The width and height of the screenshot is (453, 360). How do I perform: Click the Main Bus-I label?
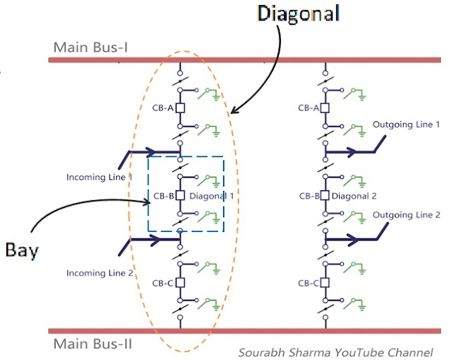pyautogui.click(x=91, y=47)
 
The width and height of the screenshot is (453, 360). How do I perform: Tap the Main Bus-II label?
pyautogui.click(x=93, y=344)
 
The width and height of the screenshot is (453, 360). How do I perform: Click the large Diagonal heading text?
pyautogui.click(x=298, y=14)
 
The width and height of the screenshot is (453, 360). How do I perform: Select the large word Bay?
pyautogui.click(x=22, y=250)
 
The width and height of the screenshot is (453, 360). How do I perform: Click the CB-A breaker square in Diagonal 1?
pyautogui.click(x=180, y=108)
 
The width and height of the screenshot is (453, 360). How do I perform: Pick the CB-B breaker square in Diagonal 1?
pyautogui.click(x=180, y=196)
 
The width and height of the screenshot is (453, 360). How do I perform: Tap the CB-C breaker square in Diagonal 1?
pyautogui.click(x=180, y=283)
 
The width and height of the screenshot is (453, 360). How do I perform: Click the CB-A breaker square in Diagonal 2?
pyautogui.click(x=325, y=108)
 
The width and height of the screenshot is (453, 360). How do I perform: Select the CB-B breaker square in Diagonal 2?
pyautogui.click(x=325, y=196)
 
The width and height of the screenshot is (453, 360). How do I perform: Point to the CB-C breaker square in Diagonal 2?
pyautogui.click(x=325, y=283)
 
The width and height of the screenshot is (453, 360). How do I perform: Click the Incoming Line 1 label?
pyautogui.click(x=99, y=177)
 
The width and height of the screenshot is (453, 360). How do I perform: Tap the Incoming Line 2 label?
pyautogui.click(x=100, y=273)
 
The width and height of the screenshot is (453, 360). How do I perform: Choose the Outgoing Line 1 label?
pyautogui.click(x=406, y=124)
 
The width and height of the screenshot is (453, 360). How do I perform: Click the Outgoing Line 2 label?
pyautogui.click(x=406, y=215)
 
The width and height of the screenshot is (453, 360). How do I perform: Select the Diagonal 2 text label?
pyautogui.click(x=354, y=196)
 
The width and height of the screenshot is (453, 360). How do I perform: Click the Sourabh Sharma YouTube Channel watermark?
pyautogui.click(x=336, y=352)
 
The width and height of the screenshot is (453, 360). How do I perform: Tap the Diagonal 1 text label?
pyautogui.click(x=212, y=196)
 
